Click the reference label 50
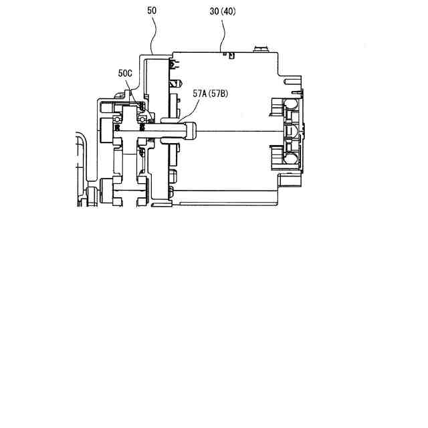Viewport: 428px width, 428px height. [x=152, y=11]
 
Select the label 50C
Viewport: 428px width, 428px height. [x=125, y=73]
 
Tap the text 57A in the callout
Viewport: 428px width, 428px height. [x=199, y=94]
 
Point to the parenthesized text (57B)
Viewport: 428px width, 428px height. [x=218, y=94]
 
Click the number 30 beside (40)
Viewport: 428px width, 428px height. [x=214, y=11]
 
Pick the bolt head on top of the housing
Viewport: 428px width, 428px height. [x=261, y=49]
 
